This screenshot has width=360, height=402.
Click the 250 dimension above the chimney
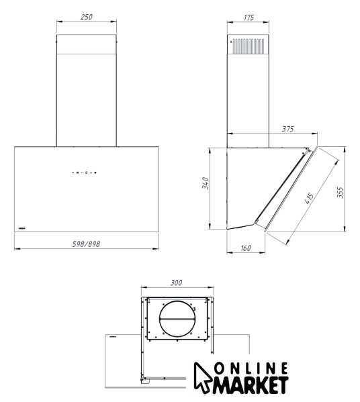pyautogui.click(x=86, y=17)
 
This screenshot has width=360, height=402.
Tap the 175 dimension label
pyautogui.click(x=249, y=17)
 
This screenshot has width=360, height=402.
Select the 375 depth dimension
pyautogui.click(x=287, y=129)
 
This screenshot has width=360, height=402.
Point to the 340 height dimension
pyautogui.click(x=206, y=183)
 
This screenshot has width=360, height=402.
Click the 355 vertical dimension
pyautogui.click(x=340, y=193)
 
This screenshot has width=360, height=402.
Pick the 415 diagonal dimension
pyautogui.click(x=309, y=198)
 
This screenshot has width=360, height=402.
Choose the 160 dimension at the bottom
pyautogui.click(x=246, y=248)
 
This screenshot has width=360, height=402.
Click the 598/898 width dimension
pyautogui.click(x=86, y=244)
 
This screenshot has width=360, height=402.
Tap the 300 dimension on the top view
pyautogui.click(x=176, y=283)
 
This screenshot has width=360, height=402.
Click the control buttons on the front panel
pyautogui.click(x=84, y=172)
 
